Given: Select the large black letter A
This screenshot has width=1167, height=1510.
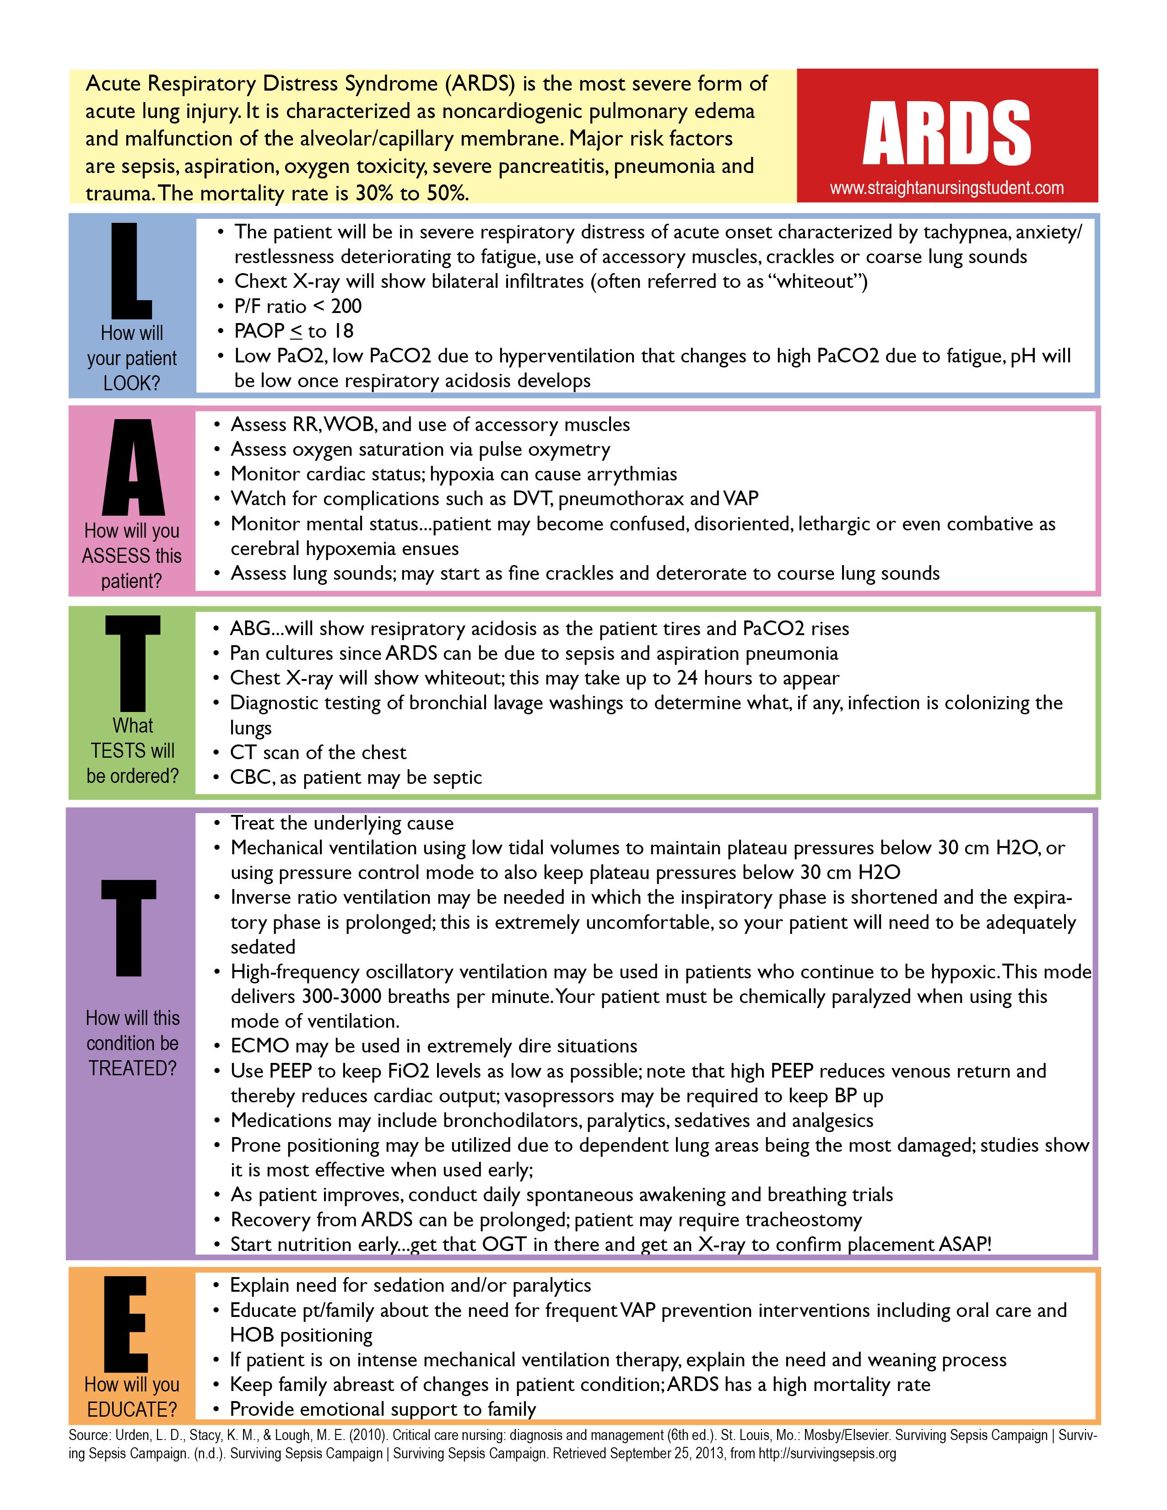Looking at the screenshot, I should point(133,468).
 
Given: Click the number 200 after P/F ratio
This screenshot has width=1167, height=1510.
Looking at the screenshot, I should point(346,306).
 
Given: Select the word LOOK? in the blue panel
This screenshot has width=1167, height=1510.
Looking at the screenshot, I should point(131,383).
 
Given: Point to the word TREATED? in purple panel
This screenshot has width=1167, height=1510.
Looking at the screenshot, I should point(132,1068).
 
